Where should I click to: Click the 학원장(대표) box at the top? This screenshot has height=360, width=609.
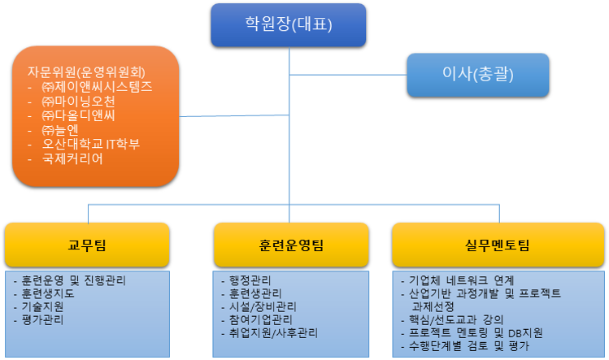(289, 24)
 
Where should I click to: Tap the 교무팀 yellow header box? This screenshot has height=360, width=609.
(86, 245)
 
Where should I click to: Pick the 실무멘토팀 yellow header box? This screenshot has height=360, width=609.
(498, 245)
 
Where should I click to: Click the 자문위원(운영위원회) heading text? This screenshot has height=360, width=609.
(92, 72)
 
